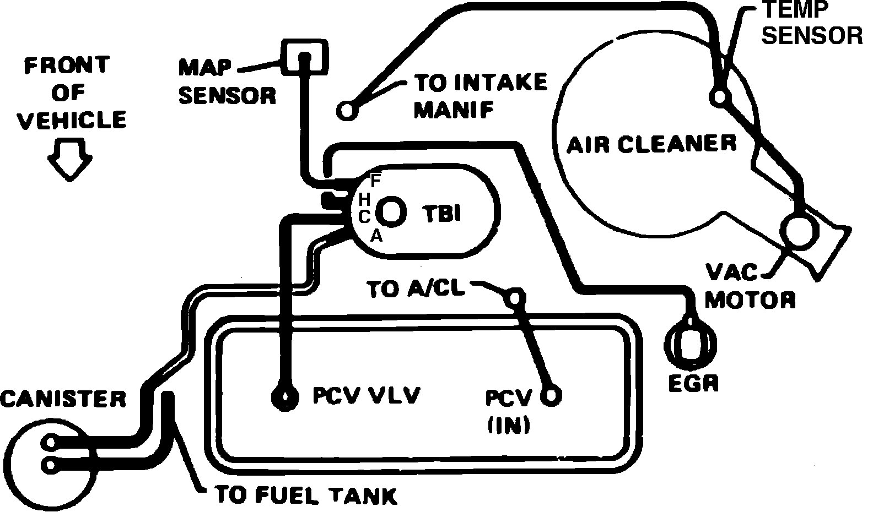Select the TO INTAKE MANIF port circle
pos(346,110)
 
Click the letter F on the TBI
pos(376,180)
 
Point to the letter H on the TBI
pos(364,198)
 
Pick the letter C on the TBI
pos(364,216)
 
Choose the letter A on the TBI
pos(376,236)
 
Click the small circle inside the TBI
pos(392,211)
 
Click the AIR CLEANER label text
pos(651,144)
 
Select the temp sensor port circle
pos(719,97)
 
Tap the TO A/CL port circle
pos(514,298)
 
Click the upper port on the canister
pos(51,442)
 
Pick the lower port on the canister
pos(51,465)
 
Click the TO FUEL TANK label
pos(305,495)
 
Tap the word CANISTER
pos(62,399)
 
